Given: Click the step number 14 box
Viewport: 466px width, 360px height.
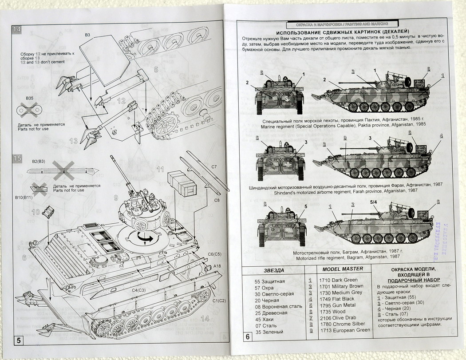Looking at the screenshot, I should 17,30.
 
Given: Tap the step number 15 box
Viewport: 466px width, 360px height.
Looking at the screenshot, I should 17,158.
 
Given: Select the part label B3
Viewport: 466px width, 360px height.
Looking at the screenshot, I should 87,35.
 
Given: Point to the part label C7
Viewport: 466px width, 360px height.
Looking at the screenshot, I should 213,167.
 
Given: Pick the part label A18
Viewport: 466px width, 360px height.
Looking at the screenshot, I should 217,265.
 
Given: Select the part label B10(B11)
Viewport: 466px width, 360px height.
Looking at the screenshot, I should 24,197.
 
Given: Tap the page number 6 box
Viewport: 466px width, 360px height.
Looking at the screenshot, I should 247,336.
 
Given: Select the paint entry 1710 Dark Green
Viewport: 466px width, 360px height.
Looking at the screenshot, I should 338,280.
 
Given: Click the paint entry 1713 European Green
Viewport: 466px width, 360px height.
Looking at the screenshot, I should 344,330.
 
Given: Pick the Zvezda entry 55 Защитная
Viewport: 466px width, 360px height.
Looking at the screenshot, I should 269,281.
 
